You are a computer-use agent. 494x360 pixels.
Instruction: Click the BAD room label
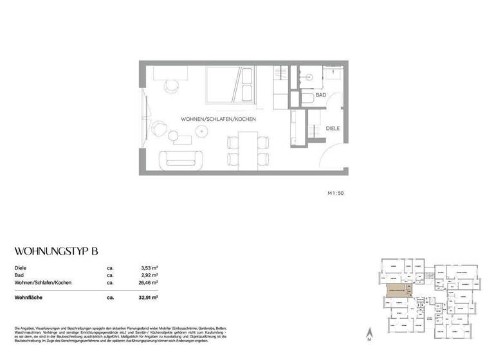click(x=320, y=95)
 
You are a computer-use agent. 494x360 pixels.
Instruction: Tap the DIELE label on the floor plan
click(x=333, y=128)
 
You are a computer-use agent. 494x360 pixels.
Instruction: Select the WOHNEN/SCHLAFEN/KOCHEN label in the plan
click(x=219, y=120)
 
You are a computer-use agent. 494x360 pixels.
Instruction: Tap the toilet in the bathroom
click(x=307, y=98)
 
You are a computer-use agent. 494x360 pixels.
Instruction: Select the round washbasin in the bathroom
click(x=311, y=76)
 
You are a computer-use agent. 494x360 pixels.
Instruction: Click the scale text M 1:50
click(x=336, y=192)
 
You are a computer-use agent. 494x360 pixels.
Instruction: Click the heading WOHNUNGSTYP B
click(x=55, y=251)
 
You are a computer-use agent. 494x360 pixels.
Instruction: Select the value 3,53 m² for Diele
click(x=149, y=267)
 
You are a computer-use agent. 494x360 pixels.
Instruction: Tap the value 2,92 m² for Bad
click(x=149, y=274)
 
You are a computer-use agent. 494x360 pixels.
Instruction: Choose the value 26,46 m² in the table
click(x=148, y=282)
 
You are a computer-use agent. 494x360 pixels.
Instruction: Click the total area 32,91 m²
click(x=148, y=298)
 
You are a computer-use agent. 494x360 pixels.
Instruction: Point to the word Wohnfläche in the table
click(x=30, y=298)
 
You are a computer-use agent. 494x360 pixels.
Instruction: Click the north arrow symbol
click(x=369, y=334)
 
